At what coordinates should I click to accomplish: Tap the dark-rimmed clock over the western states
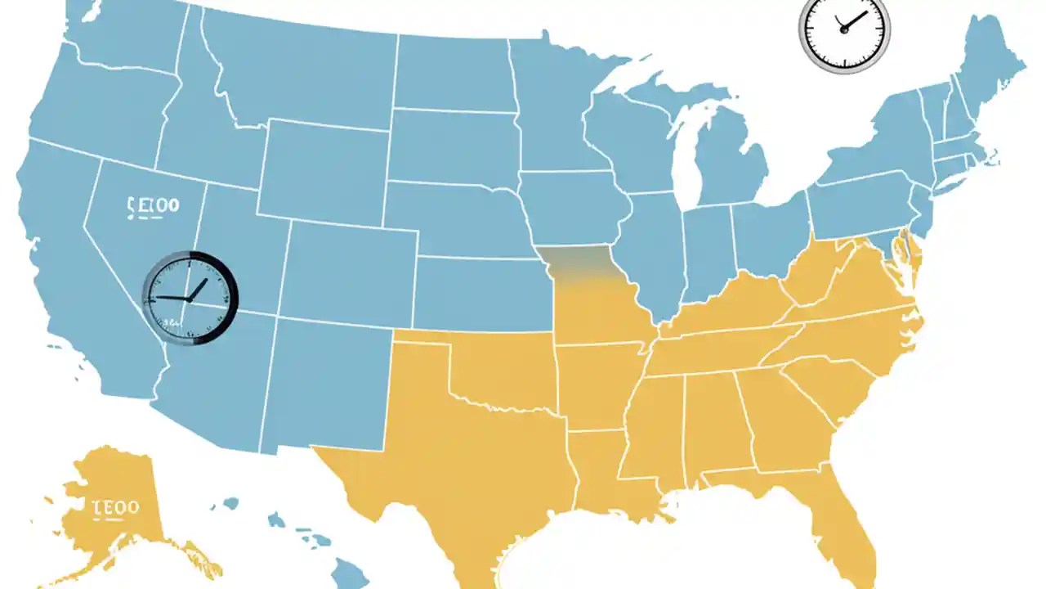(190, 298)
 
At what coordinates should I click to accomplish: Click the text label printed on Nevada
(153, 205)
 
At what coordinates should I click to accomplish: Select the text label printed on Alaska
(115, 507)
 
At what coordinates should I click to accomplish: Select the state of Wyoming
(323, 172)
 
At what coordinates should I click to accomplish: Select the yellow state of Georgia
(780, 417)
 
